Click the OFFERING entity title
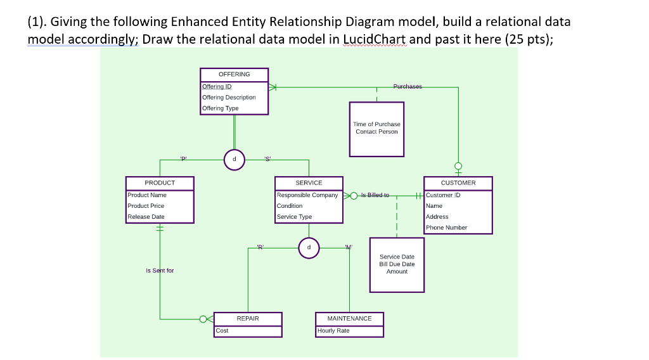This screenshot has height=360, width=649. pos(234,74)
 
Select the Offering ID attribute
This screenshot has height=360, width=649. pos(217,86)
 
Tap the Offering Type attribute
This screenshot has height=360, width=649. pos(220,108)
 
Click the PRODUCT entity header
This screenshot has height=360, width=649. pos(160,183)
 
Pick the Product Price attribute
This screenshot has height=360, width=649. pos(146,206)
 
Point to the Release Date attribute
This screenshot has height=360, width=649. pos(146,217)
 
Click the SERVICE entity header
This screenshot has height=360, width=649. pos(309,183)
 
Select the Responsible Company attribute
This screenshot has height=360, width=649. pos(307,195)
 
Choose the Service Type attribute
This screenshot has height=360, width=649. pos(294,217)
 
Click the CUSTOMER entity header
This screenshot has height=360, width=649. pos(458,183)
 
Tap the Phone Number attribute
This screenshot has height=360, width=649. pos(446,228)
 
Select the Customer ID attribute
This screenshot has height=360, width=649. pos(443,195)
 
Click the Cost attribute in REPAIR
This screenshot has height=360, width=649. pos(222,331)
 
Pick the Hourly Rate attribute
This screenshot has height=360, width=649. pos(333,331)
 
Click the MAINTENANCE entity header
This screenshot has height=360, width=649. pos(349,318)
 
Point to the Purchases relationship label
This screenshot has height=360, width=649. pos(408,86)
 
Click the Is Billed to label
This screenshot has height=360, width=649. pos(375,195)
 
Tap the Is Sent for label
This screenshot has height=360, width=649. pos(160,271)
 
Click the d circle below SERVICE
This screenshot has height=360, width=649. pos(309,248)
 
